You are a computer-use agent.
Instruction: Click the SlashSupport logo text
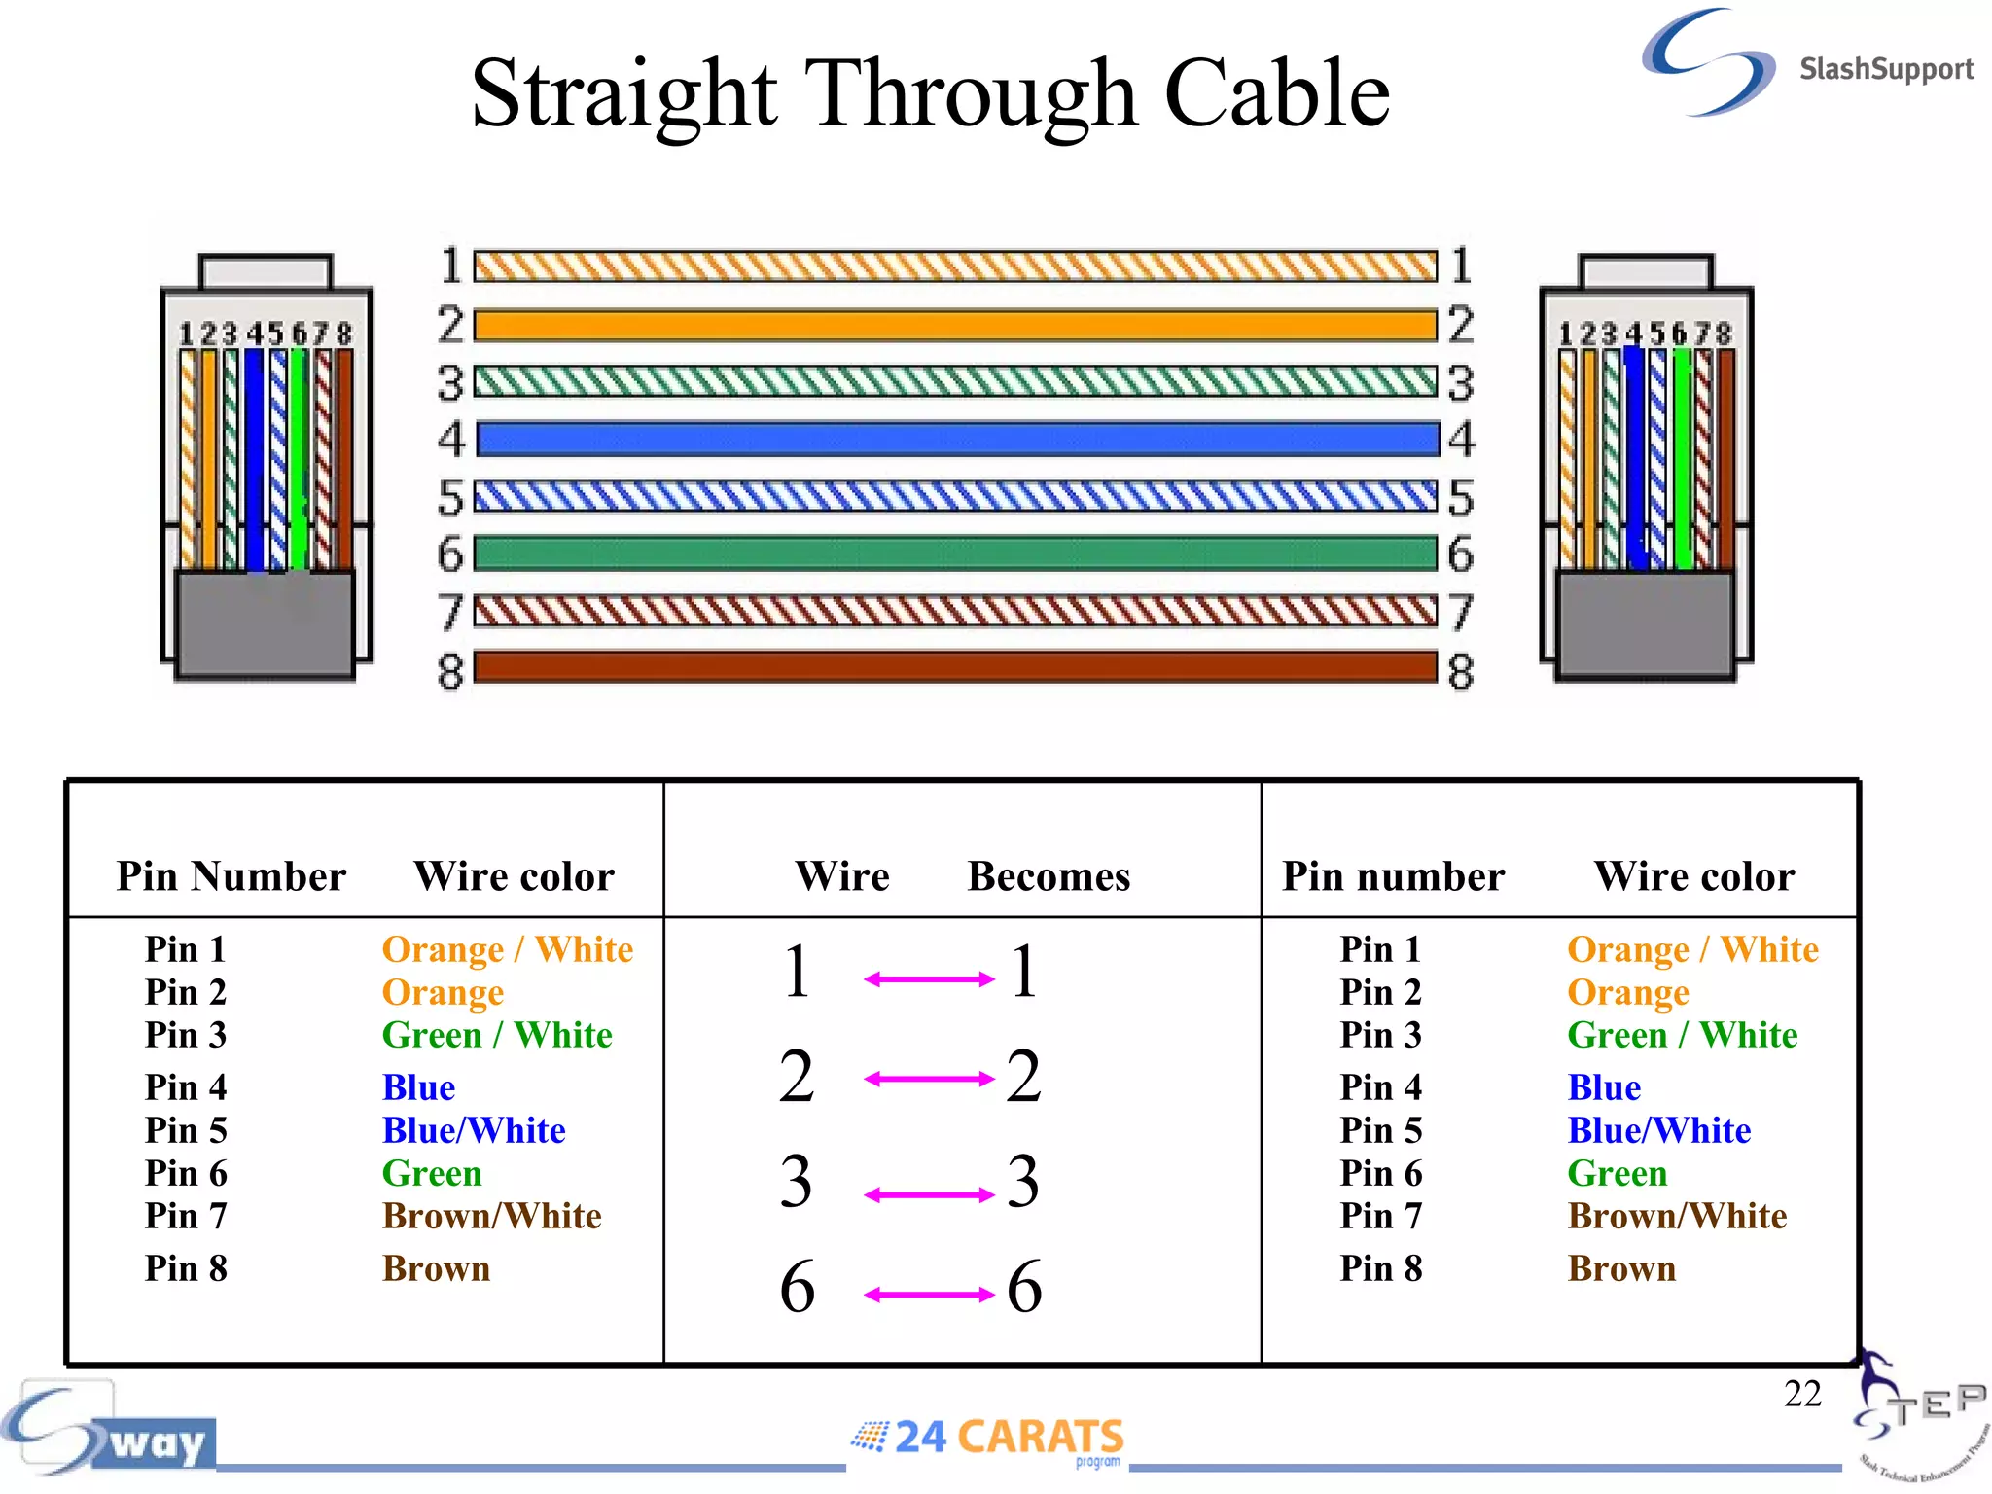pyautogui.click(x=1885, y=69)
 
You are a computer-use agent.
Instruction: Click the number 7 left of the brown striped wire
pyautogui.click(x=450, y=612)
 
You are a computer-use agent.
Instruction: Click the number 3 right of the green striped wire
pyautogui.click(x=1460, y=382)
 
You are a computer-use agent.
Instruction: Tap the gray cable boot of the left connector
pyautogui.click(x=265, y=622)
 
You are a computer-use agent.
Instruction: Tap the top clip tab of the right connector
pyautogui.click(x=1646, y=271)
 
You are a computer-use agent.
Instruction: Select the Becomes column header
pyautogui.click(x=1049, y=876)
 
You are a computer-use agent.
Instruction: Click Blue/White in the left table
pyautogui.click(x=474, y=1130)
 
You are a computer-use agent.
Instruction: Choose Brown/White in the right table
pyautogui.click(x=1677, y=1216)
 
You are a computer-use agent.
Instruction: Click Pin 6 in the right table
pyautogui.click(x=1380, y=1173)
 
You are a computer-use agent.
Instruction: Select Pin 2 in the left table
pyautogui.click(x=185, y=992)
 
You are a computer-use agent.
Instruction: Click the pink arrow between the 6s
pyautogui.click(x=929, y=1294)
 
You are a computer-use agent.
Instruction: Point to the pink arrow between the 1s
pyautogui.click(x=929, y=978)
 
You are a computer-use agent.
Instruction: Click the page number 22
pyautogui.click(x=1801, y=1393)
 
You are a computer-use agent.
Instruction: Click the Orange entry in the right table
pyautogui.click(x=1628, y=992)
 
